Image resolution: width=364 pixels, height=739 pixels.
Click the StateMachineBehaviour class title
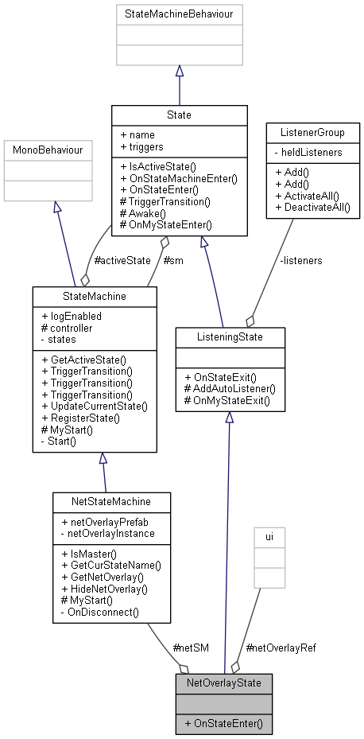[x=179, y=14]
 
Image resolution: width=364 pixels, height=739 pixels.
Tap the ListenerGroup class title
[x=312, y=130]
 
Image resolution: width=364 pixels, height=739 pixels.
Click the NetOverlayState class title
[x=224, y=683]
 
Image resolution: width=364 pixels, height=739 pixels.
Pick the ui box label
[x=269, y=537]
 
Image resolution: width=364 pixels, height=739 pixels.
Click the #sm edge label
[x=172, y=260]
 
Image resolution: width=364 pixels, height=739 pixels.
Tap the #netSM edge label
[x=191, y=648]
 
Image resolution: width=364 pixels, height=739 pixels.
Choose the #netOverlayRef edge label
[x=281, y=648]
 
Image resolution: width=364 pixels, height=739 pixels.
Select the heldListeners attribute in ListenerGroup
[x=316, y=150]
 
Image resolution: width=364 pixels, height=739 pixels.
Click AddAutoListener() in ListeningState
[x=229, y=388]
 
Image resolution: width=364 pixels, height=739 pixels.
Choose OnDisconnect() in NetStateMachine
[x=100, y=613]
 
